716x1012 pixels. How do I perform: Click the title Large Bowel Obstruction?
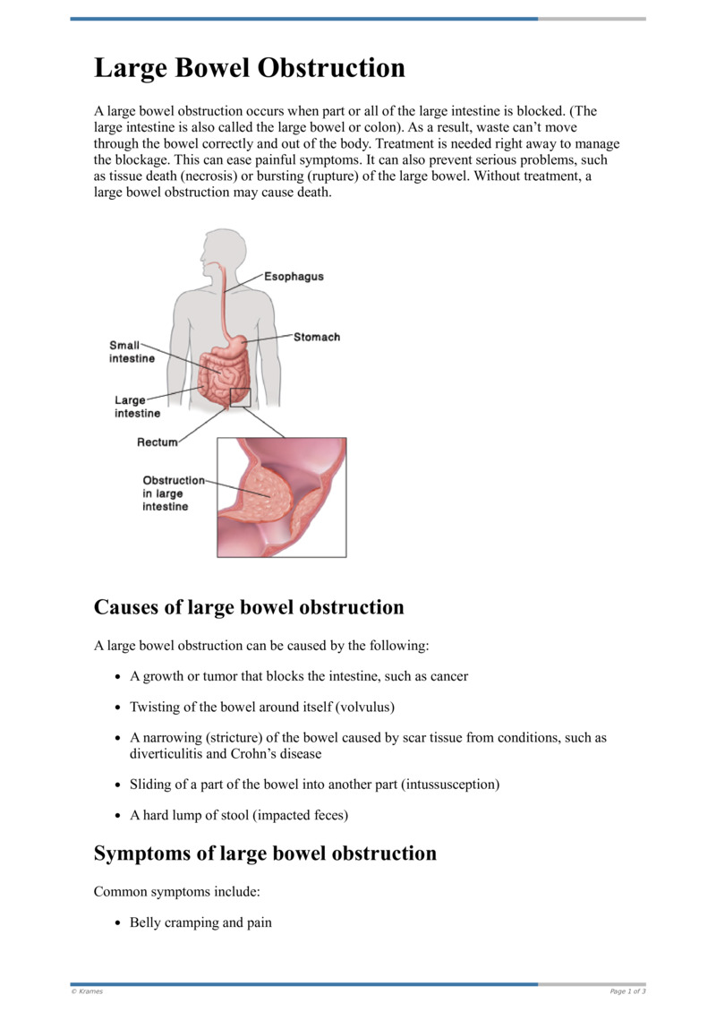[250, 69]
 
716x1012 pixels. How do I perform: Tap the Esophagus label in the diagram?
[294, 277]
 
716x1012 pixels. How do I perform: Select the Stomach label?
[317, 338]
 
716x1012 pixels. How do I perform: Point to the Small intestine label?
[132, 352]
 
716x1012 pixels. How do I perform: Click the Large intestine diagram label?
[137, 407]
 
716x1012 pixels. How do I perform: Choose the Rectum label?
[157, 442]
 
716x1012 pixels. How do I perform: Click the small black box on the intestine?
[240, 398]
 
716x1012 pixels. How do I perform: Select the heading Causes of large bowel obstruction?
[249, 607]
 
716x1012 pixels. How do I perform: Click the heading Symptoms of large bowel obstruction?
[265, 853]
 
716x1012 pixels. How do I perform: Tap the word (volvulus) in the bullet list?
[365, 708]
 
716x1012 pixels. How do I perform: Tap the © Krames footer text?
[87, 991]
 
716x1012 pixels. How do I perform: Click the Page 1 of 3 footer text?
[627, 991]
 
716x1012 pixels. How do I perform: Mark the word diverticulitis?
[166, 754]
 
